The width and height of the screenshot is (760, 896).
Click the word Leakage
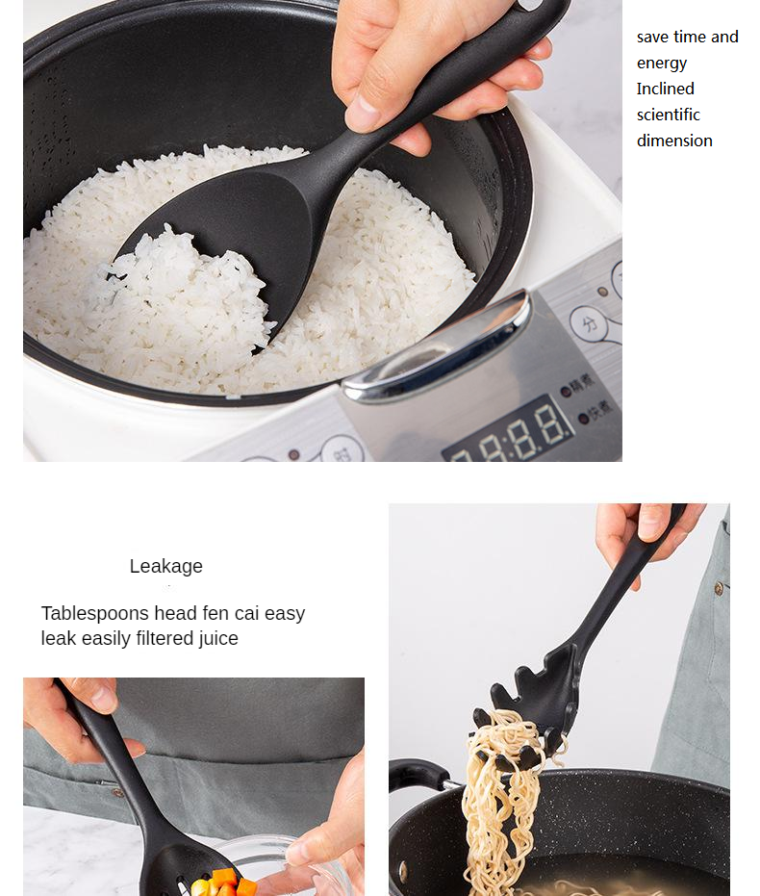point(166,566)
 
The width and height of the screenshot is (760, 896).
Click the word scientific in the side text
point(668,115)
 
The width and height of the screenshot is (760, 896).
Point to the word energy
point(662,64)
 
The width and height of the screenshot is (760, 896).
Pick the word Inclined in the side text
point(665,89)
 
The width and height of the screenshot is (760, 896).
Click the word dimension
point(674,141)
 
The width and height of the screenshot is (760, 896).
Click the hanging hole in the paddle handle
point(530,5)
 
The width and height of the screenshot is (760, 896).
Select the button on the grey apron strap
point(719,588)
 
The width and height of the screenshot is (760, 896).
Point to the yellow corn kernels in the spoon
point(201,887)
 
